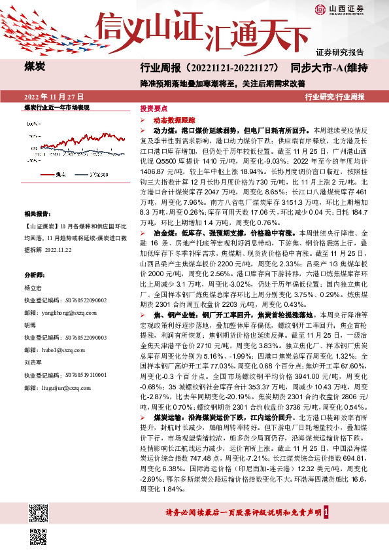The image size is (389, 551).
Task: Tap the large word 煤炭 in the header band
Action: point(35,67)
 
